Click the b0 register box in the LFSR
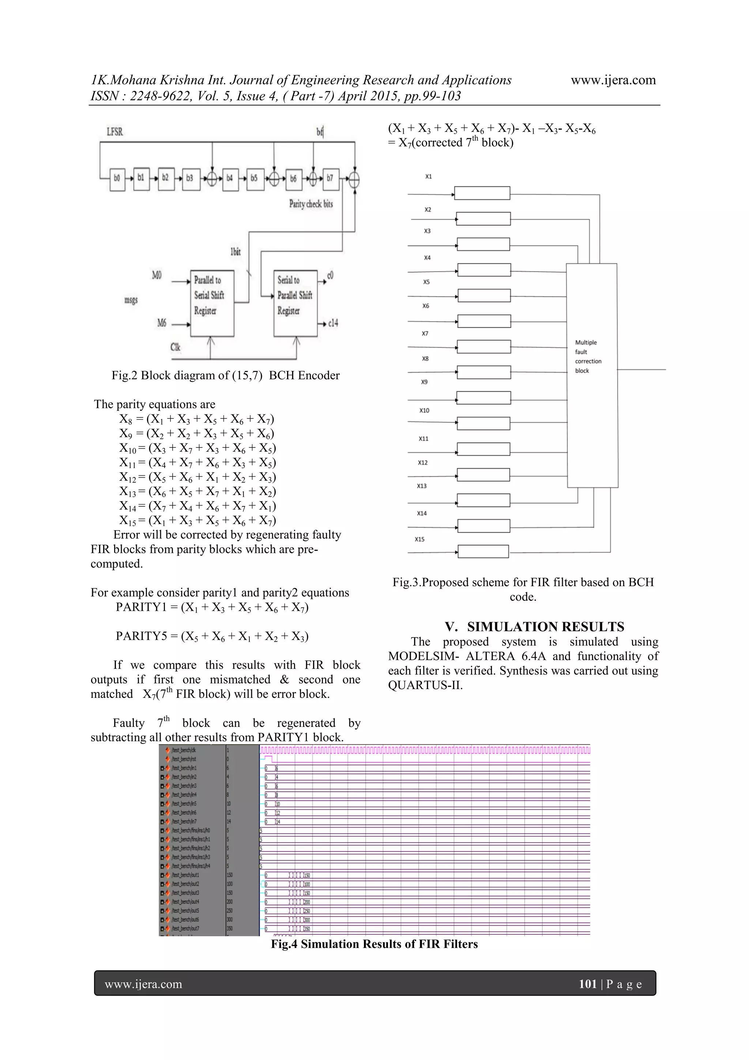(117, 179)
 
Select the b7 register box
(330, 179)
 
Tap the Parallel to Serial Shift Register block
(212, 303)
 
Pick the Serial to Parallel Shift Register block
(295, 303)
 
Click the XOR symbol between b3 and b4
(212, 179)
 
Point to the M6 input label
(162, 323)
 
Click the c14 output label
(333, 323)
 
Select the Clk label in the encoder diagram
(175, 347)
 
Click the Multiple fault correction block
(592, 375)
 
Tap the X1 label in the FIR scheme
(429, 176)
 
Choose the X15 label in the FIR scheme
(419, 539)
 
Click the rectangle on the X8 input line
(484, 372)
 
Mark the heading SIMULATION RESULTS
(535, 626)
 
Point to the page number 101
(588, 984)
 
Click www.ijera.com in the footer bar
(143, 984)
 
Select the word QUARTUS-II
(425, 685)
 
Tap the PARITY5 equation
(212, 636)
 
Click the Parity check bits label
(311, 204)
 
